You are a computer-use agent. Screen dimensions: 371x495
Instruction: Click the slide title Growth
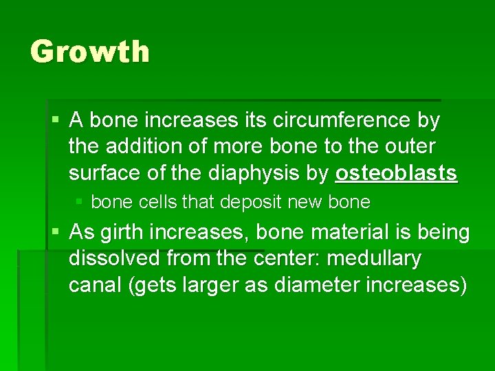(89, 52)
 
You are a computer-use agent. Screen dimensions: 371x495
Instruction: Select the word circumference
(337, 121)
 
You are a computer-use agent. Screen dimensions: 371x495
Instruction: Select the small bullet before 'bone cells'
(80, 203)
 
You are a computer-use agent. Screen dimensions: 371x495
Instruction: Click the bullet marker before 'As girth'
(56, 232)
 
